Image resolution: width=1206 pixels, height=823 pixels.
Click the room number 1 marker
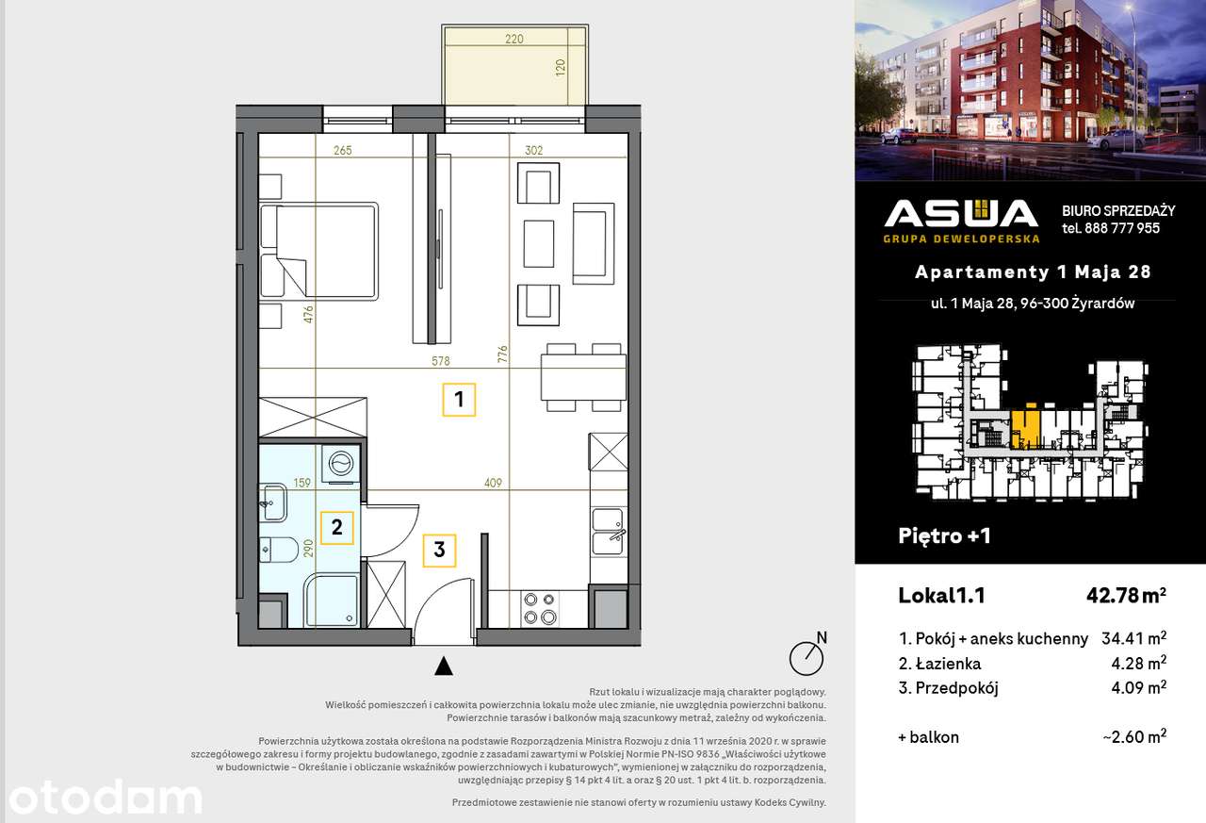point(459,400)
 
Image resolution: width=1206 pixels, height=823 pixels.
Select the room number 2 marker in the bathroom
point(337,527)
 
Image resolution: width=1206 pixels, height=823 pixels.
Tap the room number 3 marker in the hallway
point(439,551)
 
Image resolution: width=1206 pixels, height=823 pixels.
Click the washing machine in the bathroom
point(341,463)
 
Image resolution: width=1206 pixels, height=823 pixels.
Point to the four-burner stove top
point(540,608)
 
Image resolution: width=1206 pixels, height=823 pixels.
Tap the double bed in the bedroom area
point(318,251)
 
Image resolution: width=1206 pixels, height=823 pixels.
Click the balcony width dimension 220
point(514,39)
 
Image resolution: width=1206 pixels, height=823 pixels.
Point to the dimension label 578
point(440,361)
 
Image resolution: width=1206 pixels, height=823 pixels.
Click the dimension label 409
point(493,483)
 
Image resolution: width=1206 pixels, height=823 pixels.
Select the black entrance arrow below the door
point(444,667)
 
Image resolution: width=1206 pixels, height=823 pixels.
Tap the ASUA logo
point(961,221)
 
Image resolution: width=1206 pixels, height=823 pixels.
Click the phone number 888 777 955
point(1122,228)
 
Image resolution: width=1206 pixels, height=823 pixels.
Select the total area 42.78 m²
point(1126,595)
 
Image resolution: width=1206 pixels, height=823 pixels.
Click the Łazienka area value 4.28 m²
point(1139,663)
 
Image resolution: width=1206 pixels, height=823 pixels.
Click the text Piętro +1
point(944,535)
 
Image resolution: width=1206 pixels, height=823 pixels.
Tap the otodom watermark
point(105,798)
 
